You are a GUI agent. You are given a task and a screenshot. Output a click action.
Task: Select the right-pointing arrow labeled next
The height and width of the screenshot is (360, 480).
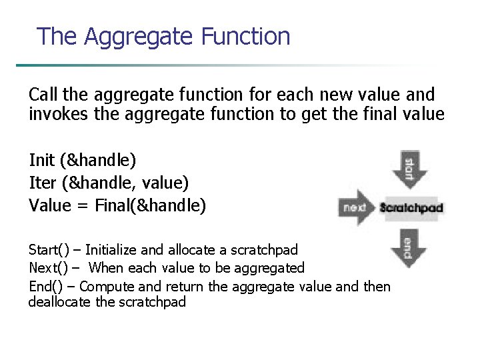[x=358, y=207]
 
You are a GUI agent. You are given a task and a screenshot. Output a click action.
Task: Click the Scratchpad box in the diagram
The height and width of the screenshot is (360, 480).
[x=411, y=207]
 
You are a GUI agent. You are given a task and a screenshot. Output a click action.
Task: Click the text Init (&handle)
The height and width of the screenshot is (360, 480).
[x=83, y=160]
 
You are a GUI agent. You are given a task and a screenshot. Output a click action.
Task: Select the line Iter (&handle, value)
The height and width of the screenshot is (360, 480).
[x=109, y=182]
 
